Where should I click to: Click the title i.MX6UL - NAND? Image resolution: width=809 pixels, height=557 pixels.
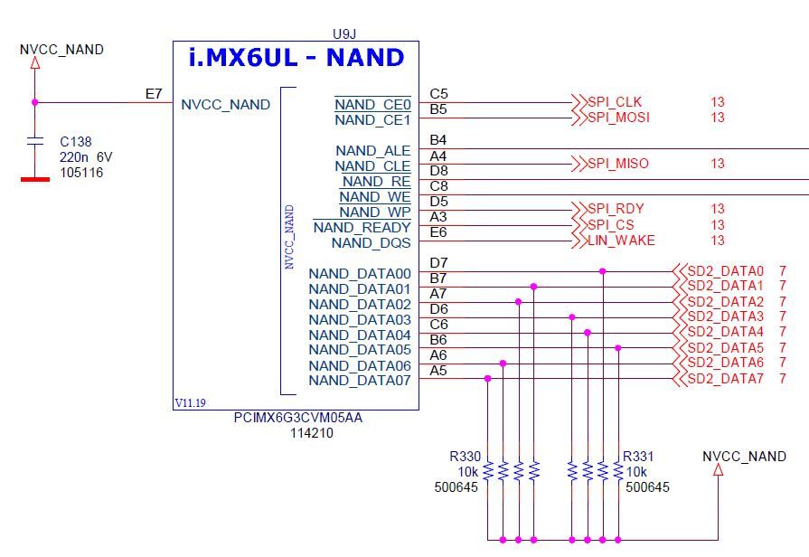(296, 58)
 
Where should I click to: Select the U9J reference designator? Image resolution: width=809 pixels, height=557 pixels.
(344, 33)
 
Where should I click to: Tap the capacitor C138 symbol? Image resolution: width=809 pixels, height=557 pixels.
(35, 142)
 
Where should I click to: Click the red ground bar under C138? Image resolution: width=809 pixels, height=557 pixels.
(35, 178)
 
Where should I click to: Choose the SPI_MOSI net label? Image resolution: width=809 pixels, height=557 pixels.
(618, 118)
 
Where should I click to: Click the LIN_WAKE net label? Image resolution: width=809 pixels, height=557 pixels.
(621, 241)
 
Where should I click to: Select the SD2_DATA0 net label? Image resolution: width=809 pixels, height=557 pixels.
(725, 271)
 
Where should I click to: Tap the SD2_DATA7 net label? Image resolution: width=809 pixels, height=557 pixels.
(725, 378)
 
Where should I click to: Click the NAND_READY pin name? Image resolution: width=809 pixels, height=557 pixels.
(362, 227)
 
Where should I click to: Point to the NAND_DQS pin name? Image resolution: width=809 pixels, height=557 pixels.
(371, 242)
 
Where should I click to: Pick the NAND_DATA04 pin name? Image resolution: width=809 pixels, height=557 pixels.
(359, 335)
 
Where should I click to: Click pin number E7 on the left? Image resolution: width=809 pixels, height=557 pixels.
(154, 93)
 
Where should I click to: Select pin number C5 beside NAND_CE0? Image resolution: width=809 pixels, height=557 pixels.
(438, 93)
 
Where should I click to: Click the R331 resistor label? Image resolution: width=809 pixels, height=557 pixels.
(640, 458)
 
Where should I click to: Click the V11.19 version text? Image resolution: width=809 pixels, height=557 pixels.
(192, 402)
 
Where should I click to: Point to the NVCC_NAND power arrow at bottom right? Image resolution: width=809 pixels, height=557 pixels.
(719, 470)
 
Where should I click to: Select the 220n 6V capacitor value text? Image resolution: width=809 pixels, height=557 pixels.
(86, 157)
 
